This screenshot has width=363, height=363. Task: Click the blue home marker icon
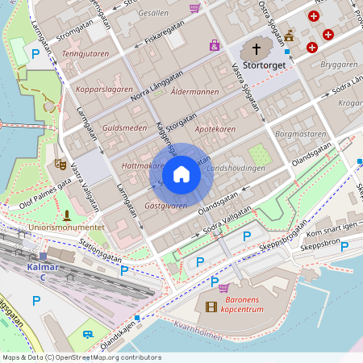click(x=181, y=173)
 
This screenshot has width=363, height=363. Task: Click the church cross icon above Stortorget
click(x=258, y=48)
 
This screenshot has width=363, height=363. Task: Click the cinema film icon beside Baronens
click(x=211, y=307)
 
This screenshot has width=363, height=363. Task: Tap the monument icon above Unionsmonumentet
click(x=66, y=215)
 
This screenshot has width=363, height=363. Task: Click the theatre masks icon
click(x=60, y=163)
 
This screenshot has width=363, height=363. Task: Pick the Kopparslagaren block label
click(x=103, y=89)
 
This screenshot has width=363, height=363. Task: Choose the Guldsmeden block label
click(x=125, y=127)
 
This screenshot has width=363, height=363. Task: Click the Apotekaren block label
click(x=215, y=128)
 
